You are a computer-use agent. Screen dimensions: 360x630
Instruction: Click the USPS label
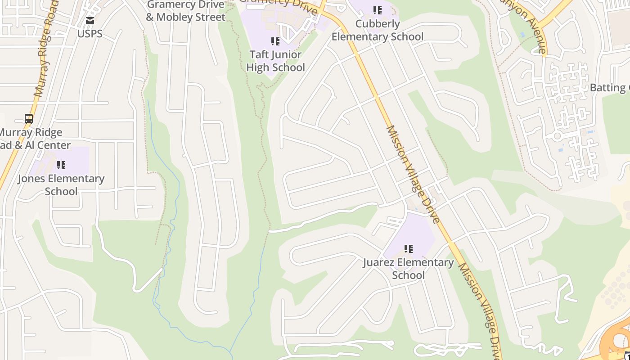coord(90,34)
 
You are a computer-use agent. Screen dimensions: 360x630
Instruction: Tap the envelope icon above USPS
coord(90,21)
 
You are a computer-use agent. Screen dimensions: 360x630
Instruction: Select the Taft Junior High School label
coord(275,61)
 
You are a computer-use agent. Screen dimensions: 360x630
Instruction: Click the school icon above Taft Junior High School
coord(275,42)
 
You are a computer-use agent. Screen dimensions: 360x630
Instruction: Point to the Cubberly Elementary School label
coord(378,30)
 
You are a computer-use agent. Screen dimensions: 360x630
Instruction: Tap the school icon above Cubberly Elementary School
coord(378,10)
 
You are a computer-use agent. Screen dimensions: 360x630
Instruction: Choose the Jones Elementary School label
coord(61,185)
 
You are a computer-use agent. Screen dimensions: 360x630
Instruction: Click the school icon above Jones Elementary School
coord(61,165)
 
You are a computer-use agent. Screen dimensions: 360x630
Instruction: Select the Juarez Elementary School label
coord(408,269)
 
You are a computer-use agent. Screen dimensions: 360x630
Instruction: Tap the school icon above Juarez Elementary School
coord(408,249)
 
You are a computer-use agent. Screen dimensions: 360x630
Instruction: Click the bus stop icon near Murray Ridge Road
coord(29,119)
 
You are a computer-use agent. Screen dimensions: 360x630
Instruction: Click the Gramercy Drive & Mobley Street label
coord(185,11)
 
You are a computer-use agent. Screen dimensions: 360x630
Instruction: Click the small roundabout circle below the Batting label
coord(558,135)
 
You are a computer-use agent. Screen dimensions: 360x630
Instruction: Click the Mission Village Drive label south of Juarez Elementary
coord(479,310)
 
